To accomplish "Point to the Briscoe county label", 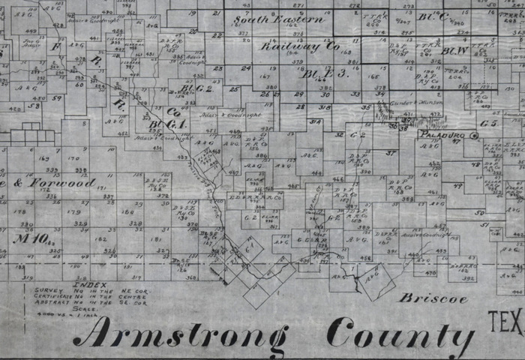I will click(x=433, y=298).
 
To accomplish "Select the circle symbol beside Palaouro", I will click(x=474, y=136).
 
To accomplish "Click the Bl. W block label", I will click(x=455, y=51).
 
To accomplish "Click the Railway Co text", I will click(x=300, y=46).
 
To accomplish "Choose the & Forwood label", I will click(x=58, y=182).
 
